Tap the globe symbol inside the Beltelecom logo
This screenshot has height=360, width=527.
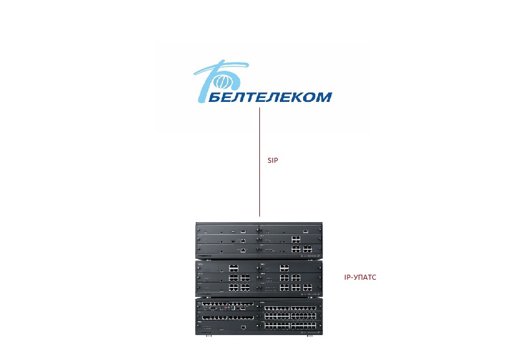pos(222,81)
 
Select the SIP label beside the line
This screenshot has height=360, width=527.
pos(273,160)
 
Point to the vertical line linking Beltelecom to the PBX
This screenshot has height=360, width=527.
pos(259,162)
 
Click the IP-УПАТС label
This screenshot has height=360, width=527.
pos(360,277)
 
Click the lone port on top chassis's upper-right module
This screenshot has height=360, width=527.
pos(306,232)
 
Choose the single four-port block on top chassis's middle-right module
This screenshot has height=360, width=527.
pos(296,239)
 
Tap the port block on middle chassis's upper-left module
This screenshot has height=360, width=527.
pos(234,268)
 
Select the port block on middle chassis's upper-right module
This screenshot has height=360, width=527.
pos(284,268)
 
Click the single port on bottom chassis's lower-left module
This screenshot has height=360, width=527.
pos(243,327)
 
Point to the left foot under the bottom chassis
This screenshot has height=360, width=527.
pos(209,336)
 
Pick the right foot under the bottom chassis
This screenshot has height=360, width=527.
pos(310,336)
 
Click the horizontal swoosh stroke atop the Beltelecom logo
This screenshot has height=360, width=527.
pos(221,68)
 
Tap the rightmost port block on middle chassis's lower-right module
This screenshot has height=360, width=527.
pos(308,288)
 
